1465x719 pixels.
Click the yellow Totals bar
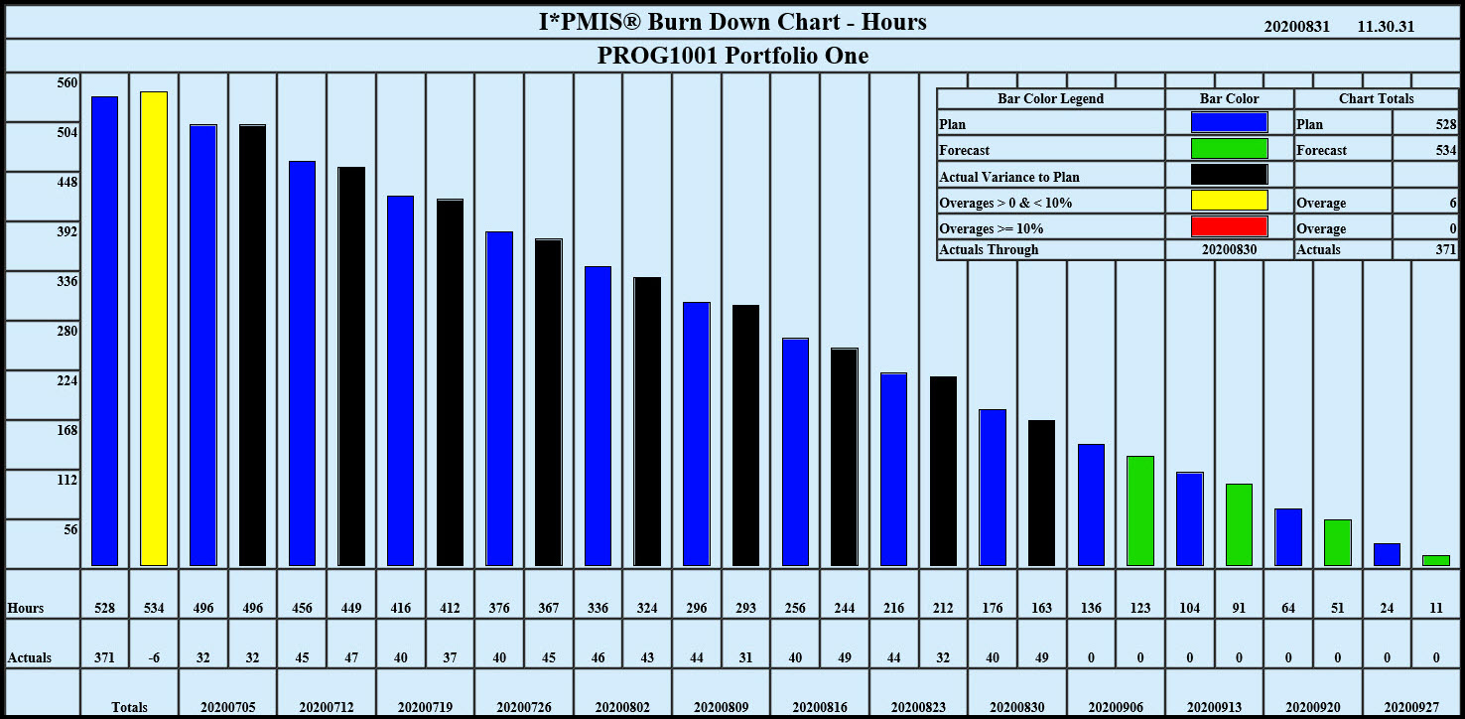[x=154, y=328]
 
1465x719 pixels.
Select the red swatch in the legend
[x=1229, y=227]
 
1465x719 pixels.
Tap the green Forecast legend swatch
[x=1229, y=149]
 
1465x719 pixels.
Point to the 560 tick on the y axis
[x=67, y=82]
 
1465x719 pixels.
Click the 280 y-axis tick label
[x=67, y=331]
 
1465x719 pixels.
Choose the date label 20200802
[x=622, y=707]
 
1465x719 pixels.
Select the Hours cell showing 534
[x=154, y=608]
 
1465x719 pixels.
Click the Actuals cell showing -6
[x=154, y=657]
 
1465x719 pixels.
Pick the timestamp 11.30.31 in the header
[x=1386, y=26]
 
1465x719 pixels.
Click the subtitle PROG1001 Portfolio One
[x=732, y=56]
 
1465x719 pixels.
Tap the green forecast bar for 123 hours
[x=1140, y=510]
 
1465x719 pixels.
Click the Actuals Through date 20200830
[x=1229, y=249]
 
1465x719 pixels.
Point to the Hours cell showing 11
[x=1436, y=608]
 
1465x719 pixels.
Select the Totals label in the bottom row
[x=129, y=707]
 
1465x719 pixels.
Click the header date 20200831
[x=1296, y=26]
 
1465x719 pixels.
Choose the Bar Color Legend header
[x=1050, y=98]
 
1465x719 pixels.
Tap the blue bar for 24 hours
[x=1387, y=555]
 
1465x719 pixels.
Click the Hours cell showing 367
[x=549, y=608]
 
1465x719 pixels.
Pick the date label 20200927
[x=1411, y=707]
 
